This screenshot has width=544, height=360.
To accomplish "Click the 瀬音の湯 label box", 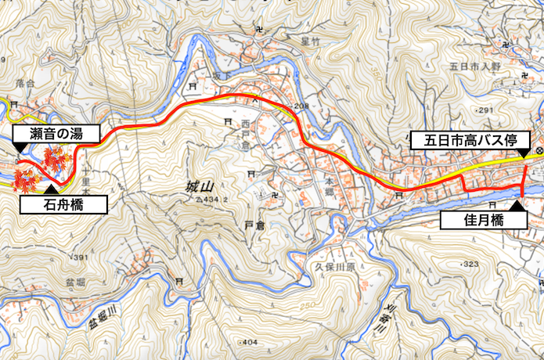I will [56, 133].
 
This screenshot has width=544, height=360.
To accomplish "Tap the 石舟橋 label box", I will [63, 205].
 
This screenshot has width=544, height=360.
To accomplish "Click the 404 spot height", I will [249, 343].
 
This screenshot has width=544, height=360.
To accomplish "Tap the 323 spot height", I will [470, 265].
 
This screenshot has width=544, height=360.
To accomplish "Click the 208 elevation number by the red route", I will [302, 106].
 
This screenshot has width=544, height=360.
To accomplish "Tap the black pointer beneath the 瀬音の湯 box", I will [19, 147].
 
